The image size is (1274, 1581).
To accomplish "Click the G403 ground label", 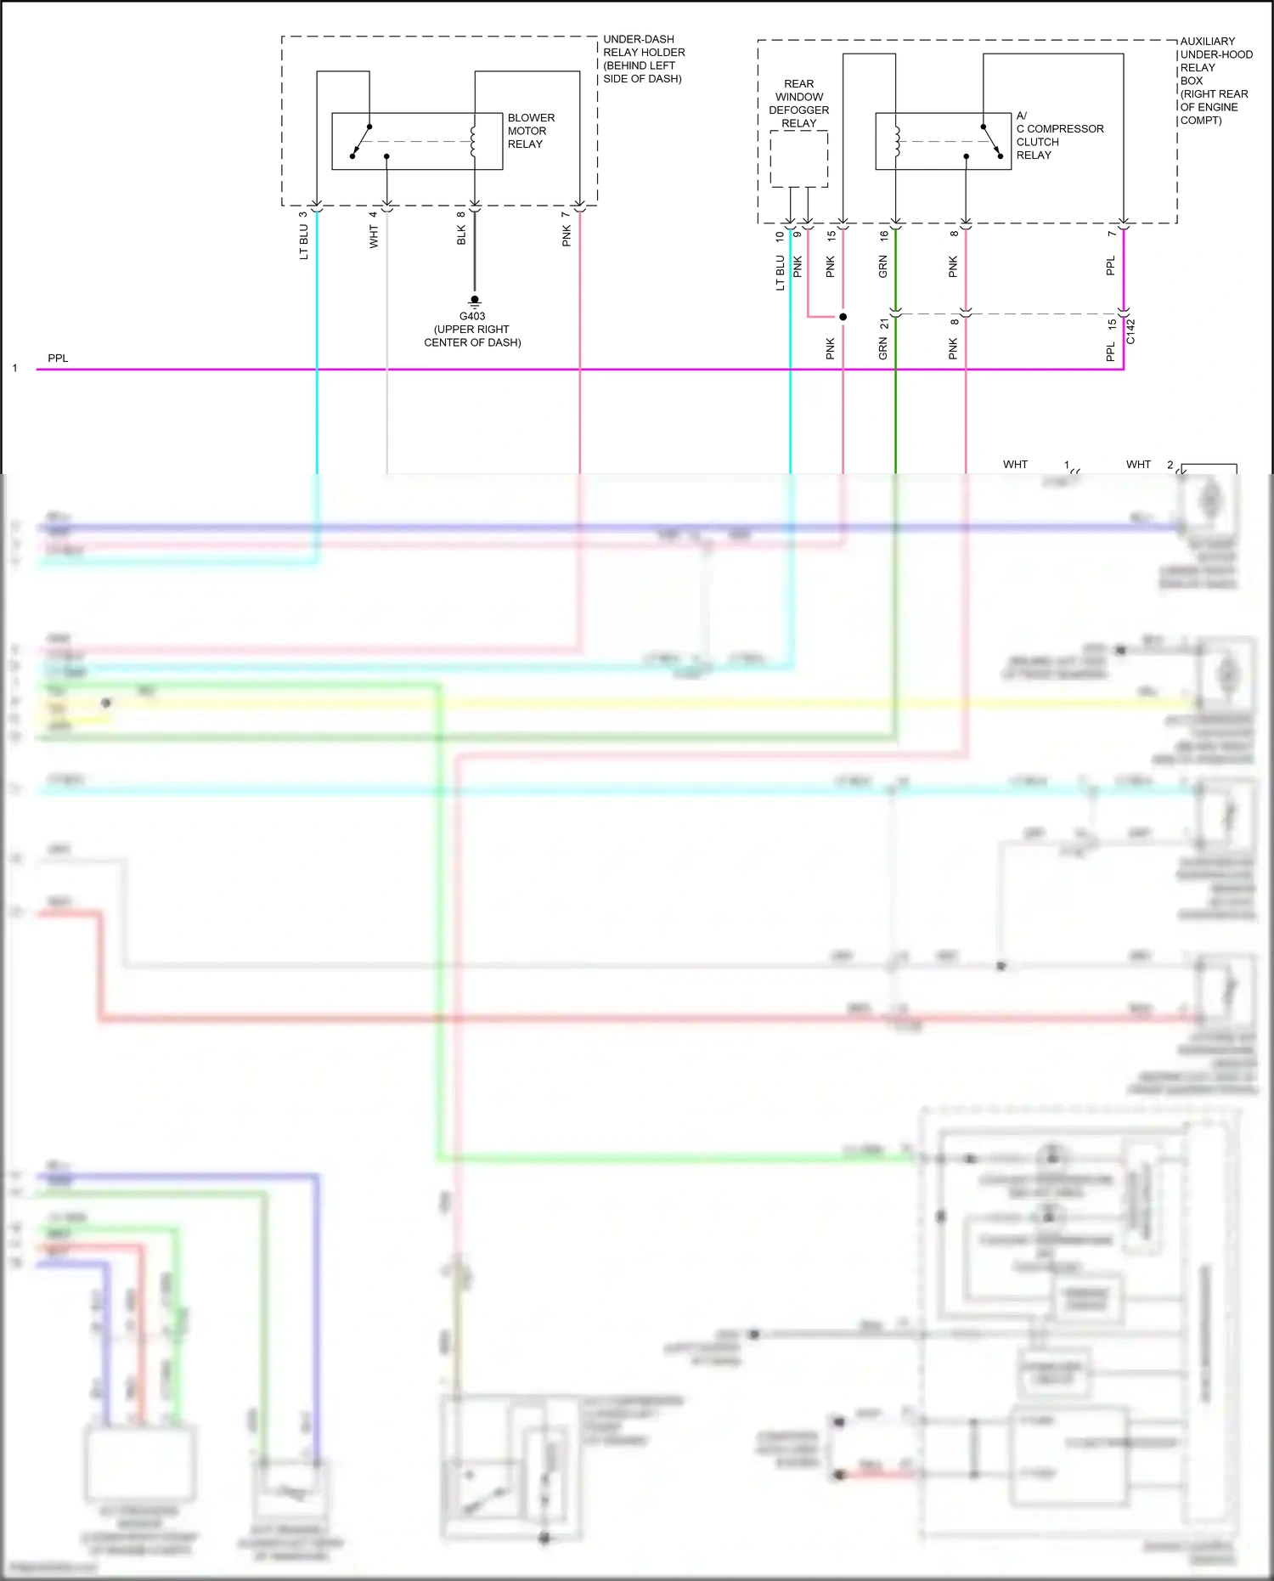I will point(472,316).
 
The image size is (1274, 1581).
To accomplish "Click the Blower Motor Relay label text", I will point(531,131).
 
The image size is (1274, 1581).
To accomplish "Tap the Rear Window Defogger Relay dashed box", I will point(798,159).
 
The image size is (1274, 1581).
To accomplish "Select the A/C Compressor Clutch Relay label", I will point(1059,136).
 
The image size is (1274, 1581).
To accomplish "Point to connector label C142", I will point(1130,331).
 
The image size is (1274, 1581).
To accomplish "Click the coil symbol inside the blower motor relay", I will point(473,141).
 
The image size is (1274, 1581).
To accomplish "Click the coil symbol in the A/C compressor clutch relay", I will point(896,141).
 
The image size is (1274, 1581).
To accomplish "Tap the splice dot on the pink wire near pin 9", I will point(843,317).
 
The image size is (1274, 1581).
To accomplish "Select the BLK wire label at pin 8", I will point(461,235).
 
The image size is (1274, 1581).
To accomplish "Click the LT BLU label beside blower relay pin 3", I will point(303,242).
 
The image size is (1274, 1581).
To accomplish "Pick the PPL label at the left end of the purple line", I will point(58,358).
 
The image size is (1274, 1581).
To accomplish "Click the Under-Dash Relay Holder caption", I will point(643,59).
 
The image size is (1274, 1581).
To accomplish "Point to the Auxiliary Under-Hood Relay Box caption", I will point(1215,81).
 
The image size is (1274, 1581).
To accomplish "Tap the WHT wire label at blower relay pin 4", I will point(374,237).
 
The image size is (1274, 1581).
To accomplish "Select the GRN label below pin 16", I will point(882,267).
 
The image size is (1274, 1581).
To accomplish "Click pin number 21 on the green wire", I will point(884,324).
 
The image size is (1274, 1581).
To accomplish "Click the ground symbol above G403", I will point(475,301).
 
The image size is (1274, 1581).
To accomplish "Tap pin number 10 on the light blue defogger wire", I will point(780,236).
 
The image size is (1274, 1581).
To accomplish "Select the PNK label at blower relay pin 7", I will point(567,236).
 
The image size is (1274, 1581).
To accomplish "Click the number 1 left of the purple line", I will point(14,368).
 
